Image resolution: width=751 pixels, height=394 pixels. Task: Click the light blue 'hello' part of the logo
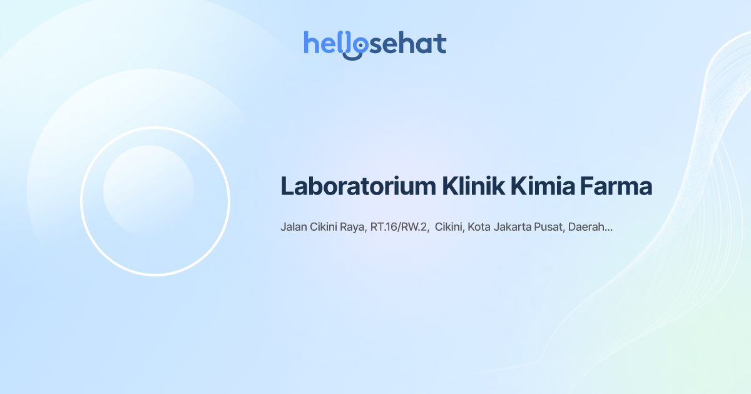[325, 44]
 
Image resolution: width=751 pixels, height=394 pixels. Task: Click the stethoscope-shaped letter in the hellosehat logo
[357, 45]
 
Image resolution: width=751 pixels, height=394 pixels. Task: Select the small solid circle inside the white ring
[148, 190]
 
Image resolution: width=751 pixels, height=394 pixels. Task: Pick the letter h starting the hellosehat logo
[310, 43]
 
